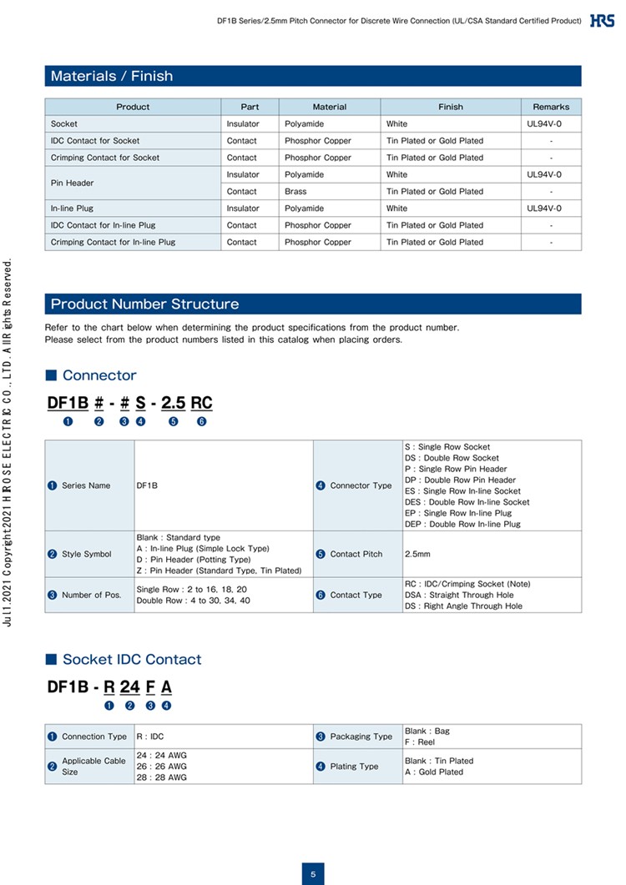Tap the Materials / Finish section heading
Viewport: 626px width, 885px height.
[x=112, y=76]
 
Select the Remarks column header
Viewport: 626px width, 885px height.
[x=551, y=107]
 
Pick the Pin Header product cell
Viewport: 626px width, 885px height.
[x=73, y=183]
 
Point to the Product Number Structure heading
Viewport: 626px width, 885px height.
[x=144, y=304]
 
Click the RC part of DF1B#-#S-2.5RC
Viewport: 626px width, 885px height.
[x=201, y=403]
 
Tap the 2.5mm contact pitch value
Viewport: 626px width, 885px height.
[x=418, y=554]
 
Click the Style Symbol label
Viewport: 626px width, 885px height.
[x=86, y=554]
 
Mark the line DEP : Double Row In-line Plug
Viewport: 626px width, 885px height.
[x=462, y=524]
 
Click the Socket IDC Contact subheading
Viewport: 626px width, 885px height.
[x=132, y=659]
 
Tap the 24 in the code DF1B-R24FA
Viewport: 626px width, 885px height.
[x=129, y=687]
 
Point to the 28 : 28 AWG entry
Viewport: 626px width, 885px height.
[x=162, y=777]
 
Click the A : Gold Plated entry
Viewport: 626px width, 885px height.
[x=434, y=772]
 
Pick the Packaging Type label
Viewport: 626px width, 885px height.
[x=361, y=737]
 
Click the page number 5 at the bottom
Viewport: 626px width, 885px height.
[x=313, y=874]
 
